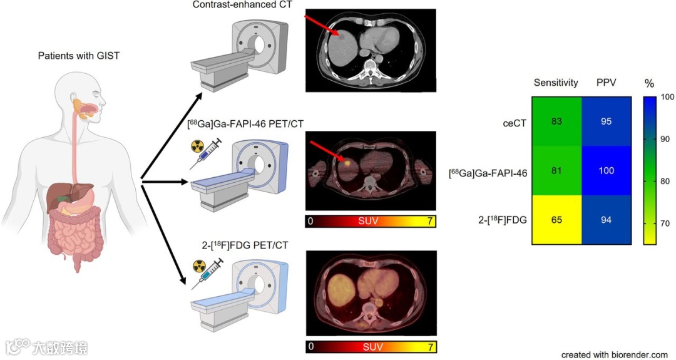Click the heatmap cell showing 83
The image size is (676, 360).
[x=556, y=121]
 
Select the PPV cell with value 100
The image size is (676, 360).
[x=606, y=170]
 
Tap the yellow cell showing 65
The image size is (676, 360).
[x=556, y=220]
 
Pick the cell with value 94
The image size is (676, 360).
[x=606, y=220]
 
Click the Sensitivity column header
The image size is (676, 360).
[x=556, y=83]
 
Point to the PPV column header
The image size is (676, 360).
[x=606, y=83]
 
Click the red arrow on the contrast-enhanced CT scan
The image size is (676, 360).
[x=321, y=26]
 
